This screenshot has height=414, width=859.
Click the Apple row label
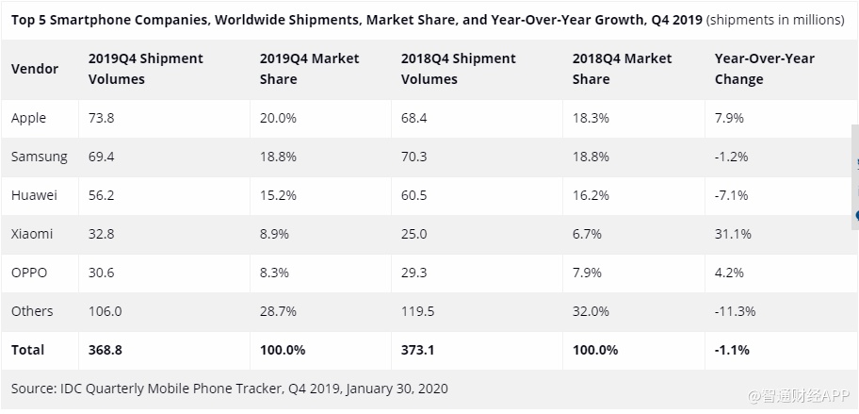point(28,118)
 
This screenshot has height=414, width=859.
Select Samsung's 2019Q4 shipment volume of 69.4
point(101,157)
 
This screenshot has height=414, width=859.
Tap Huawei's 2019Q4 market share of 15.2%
point(278,195)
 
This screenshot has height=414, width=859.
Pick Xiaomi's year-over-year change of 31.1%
point(733,234)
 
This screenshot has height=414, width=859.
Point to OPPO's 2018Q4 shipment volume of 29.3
point(415,273)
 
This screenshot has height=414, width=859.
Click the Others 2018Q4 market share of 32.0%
point(591,311)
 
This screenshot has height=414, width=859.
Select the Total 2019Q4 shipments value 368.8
point(106,350)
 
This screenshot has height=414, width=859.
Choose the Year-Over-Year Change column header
point(763,69)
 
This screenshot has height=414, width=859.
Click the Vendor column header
point(35,69)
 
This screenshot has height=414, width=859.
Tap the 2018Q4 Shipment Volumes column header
point(458,69)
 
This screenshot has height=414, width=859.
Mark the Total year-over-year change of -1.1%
point(732,350)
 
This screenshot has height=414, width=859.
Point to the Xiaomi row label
point(32,234)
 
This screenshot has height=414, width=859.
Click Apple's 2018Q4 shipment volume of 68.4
point(415,118)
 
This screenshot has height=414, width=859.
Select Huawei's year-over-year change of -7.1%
point(731,195)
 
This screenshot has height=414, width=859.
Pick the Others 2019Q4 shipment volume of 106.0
point(106,311)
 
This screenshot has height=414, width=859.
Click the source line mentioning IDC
point(229,389)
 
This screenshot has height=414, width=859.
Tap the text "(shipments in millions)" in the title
point(775,20)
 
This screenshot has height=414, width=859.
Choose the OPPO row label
point(29,273)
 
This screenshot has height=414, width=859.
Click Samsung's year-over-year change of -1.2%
point(731,157)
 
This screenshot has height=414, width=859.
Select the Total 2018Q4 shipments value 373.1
point(419,350)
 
